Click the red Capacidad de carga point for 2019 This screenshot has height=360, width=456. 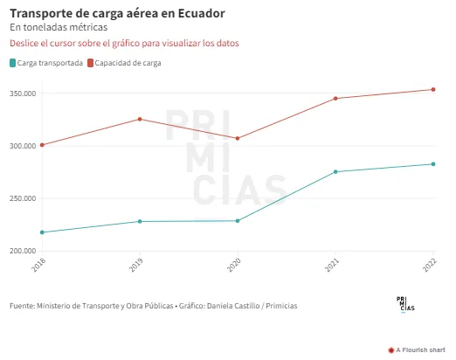[140, 119]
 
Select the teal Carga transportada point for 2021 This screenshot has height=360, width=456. [335, 172]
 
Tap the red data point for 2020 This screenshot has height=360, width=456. [238, 138]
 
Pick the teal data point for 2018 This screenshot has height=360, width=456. [42, 232]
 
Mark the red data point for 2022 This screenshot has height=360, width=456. [433, 89]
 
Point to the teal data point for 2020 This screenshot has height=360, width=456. [238, 221]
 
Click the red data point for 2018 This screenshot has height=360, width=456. [42, 145]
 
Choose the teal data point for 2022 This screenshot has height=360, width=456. [433, 164]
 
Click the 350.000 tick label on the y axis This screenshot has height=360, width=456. [23, 93]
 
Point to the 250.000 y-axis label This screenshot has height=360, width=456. [23, 198]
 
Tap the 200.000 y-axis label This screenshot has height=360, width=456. [23, 251]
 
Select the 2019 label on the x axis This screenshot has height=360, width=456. [136, 265]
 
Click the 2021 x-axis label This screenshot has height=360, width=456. [332, 265]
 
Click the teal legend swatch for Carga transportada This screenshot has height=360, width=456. [12, 63]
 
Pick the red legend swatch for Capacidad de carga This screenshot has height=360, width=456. [90, 63]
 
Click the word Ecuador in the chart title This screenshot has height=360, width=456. [202, 13]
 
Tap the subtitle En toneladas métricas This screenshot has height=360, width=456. [59, 27]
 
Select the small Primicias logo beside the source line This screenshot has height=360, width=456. [405, 305]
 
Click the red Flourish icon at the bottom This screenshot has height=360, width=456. [391, 350]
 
